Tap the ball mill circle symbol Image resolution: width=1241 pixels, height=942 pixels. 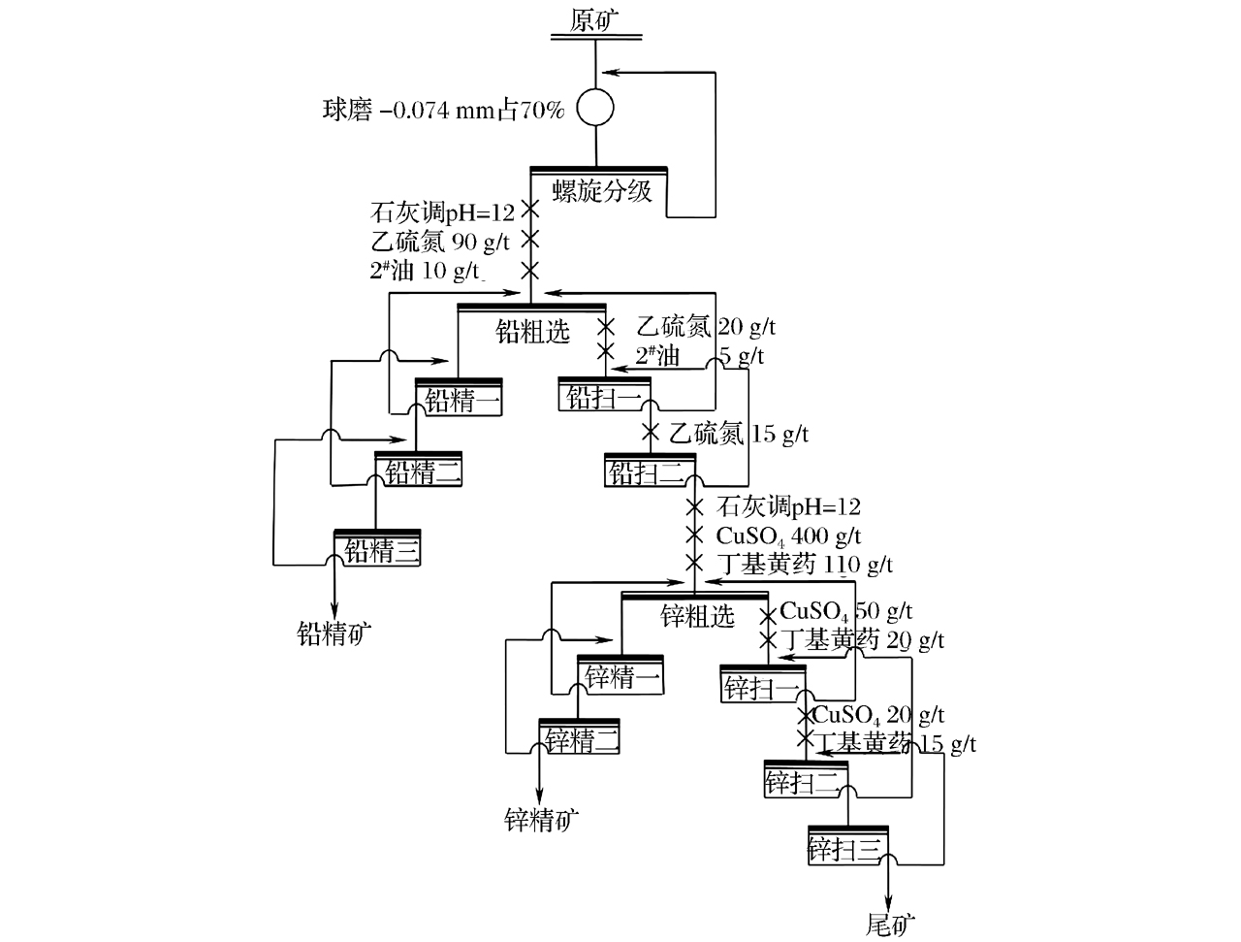point(595,108)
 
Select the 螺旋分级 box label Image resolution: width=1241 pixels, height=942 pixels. point(602,190)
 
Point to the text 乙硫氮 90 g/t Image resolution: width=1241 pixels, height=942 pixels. point(439,241)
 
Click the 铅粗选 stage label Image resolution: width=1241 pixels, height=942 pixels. point(532,332)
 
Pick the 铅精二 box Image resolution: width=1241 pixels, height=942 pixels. point(420,472)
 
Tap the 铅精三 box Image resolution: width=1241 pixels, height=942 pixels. point(378,550)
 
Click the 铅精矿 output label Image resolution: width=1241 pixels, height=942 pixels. point(334,633)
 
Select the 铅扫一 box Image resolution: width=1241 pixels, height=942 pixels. point(604,396)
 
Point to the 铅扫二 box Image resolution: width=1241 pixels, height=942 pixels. point(649,472)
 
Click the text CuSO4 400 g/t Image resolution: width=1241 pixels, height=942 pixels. point(788,536)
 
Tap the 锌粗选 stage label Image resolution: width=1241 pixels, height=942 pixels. point(697,616)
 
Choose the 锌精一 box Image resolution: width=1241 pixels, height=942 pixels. point(621,676)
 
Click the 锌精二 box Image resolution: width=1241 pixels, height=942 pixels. point(580,740)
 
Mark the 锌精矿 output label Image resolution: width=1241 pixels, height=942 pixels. point(542,821)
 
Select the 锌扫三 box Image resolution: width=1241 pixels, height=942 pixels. point(847,849)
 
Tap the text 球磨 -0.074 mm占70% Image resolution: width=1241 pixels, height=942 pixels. point(443,111)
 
